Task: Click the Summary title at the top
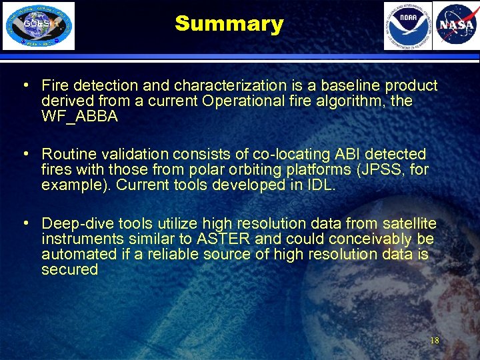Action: [x=229, y=24]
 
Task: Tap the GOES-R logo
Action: [x=39, y=26]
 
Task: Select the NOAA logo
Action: [x=407, y=26]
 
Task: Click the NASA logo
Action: [x=455, y=26]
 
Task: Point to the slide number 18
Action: [x=434, y=341]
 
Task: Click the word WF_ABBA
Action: [x=79, y=117]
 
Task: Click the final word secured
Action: [x=69, y=269]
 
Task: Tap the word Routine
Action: [x=67, y=155]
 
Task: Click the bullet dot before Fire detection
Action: [x=25, y=85]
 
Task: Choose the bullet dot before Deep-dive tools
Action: [x=25, y=223]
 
